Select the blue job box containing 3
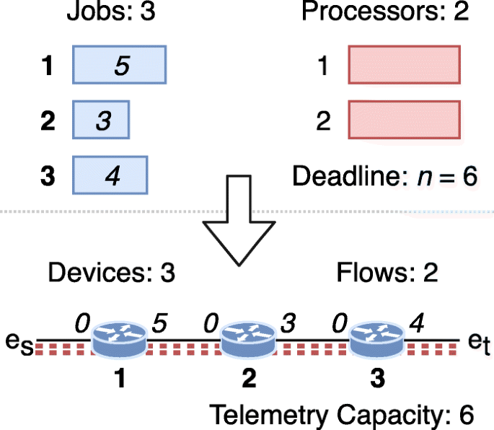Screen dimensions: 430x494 click(x=101, y=120)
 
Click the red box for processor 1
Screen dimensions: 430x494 click(x=404, y=66)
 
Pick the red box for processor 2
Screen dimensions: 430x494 click(x=404, y=120)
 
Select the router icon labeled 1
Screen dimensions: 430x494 click(x=120, y=338)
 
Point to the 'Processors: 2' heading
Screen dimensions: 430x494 click(x=385, y=14)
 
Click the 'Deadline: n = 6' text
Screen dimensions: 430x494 click(x=385, y=176)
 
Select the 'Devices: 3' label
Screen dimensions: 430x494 click(x=111, y=273)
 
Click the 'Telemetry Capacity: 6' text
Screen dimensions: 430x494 click(x=342, y=414)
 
